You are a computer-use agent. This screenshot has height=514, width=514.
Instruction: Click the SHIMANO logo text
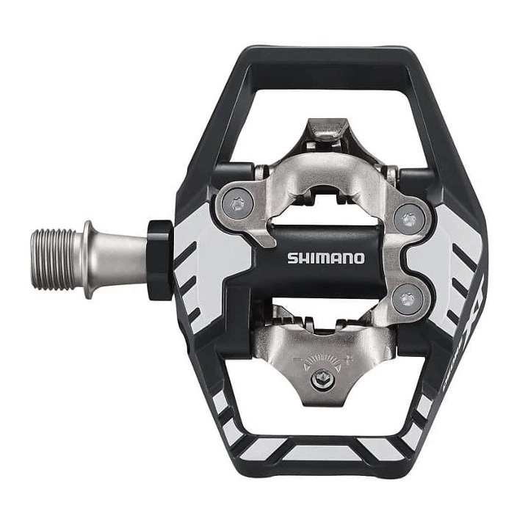325,258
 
